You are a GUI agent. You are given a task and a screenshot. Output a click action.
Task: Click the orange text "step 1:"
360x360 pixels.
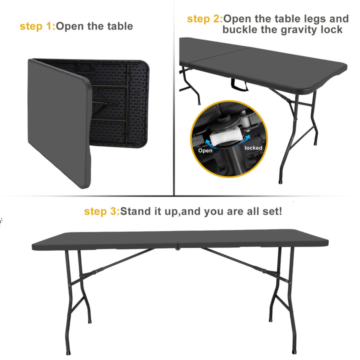pos(37,26)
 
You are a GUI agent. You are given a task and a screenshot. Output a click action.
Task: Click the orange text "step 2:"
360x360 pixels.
pos(205,19)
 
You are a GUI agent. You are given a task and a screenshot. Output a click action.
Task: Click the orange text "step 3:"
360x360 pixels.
pos(102,211)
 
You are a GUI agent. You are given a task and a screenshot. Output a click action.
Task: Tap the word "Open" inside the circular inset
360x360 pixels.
pos(205,150)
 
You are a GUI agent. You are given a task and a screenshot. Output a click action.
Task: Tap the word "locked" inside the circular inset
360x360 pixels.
pos(253,148)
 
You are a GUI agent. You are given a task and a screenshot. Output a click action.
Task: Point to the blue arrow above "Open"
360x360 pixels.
pos(211,143)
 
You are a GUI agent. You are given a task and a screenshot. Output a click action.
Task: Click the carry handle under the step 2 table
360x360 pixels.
pos(239,84)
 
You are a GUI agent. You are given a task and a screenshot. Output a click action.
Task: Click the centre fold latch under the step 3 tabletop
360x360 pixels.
pos(177,248)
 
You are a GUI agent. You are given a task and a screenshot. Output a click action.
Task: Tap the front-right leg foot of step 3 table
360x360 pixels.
pos(294,351)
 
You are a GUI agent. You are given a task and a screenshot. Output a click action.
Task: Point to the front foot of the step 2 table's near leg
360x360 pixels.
pos(280,182)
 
